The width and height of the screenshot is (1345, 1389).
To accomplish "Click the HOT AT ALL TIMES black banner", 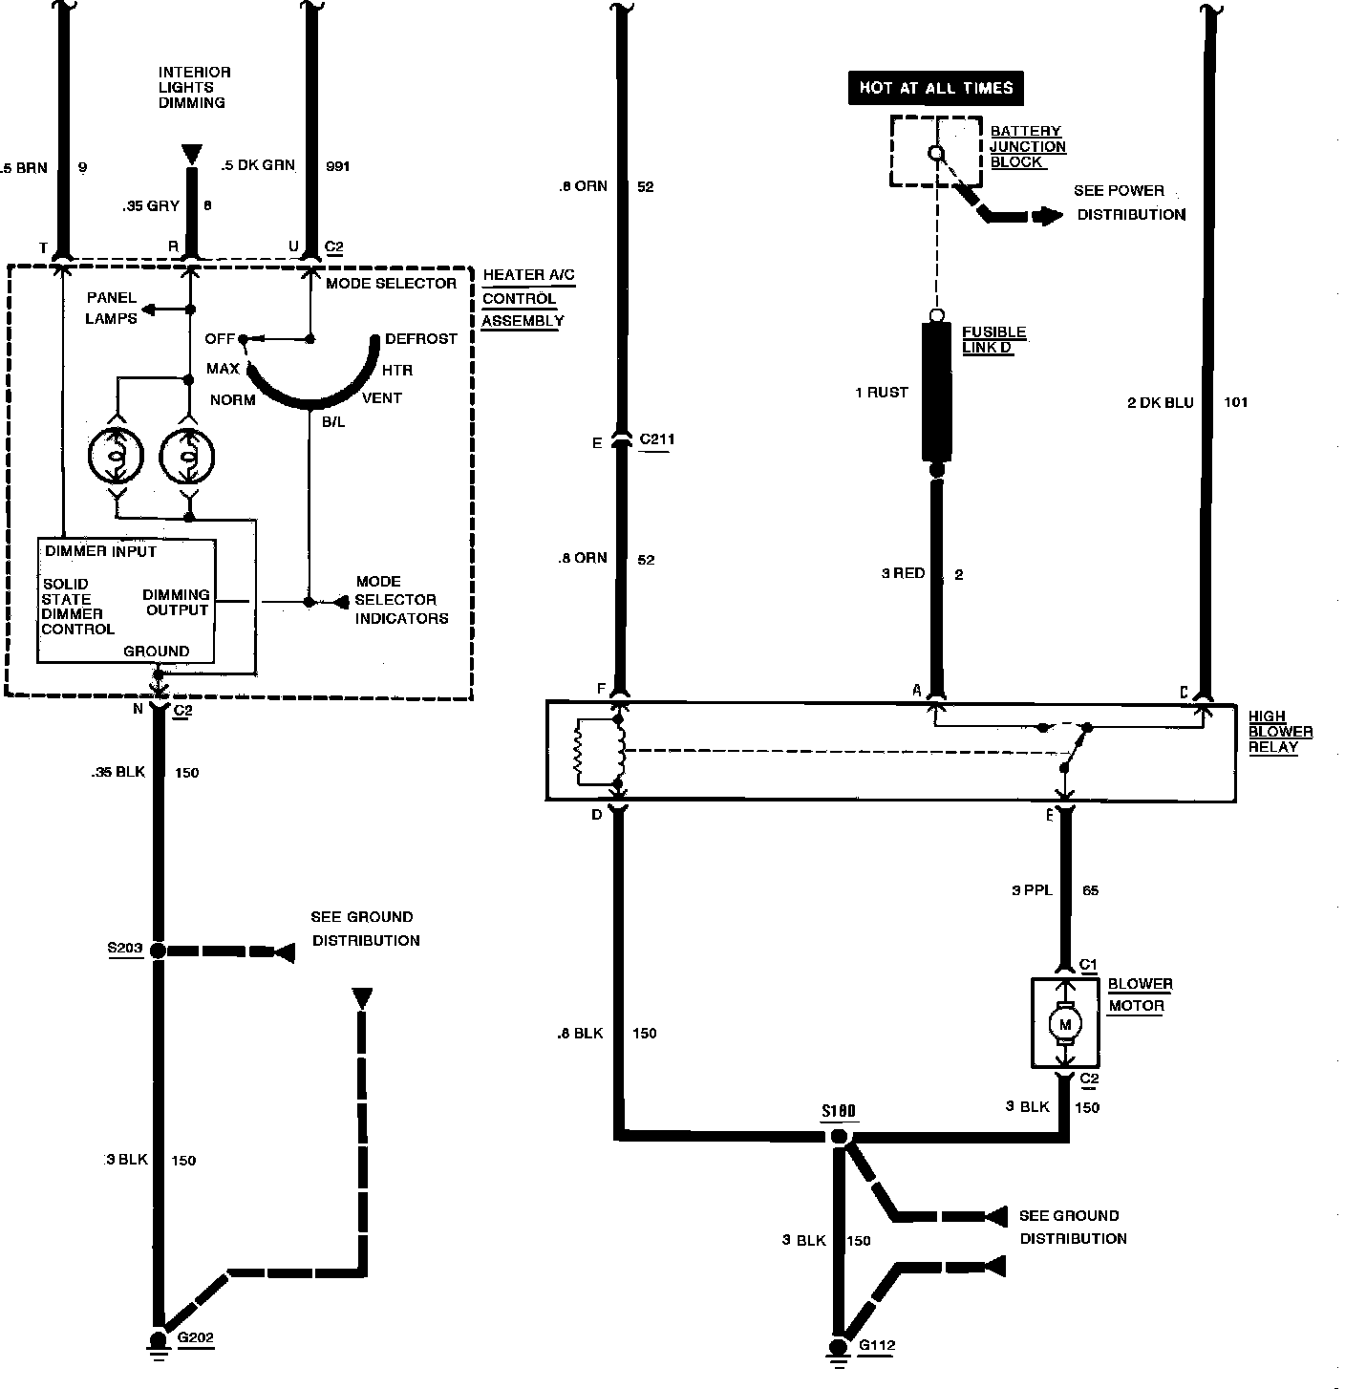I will click(935, 88).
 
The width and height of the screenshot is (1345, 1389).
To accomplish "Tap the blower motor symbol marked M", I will click(1065, 1024).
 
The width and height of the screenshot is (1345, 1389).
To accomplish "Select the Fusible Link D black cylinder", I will click(936, 391).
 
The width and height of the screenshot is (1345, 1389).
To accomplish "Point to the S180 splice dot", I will click(839, 1137).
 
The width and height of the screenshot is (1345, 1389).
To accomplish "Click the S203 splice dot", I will click(159, 951).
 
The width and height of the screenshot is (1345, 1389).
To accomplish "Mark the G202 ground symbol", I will click(159, 1341).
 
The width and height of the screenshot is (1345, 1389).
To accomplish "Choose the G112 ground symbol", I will click(839, 1348).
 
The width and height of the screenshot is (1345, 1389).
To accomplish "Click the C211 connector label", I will click(656, 440).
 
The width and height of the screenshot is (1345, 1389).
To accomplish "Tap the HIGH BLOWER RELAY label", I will click(1280, 732).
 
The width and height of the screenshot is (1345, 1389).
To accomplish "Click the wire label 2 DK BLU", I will click(1161, 402).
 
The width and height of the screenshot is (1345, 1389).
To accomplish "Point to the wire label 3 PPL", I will click(1032, 890).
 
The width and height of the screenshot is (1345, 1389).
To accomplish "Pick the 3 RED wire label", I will click(903, 573).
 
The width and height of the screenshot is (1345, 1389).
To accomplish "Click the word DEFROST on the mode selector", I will click(420, 339).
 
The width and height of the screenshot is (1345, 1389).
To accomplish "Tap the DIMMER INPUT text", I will click(101, 551).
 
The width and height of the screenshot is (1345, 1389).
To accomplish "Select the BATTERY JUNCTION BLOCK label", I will click(1028, 146).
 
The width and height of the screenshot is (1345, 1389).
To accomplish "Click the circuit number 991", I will click(338, 166).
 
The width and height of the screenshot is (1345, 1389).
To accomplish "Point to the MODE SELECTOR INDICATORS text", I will click(401, 600).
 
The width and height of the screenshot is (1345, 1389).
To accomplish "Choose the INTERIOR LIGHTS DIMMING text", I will click(194, 87).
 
